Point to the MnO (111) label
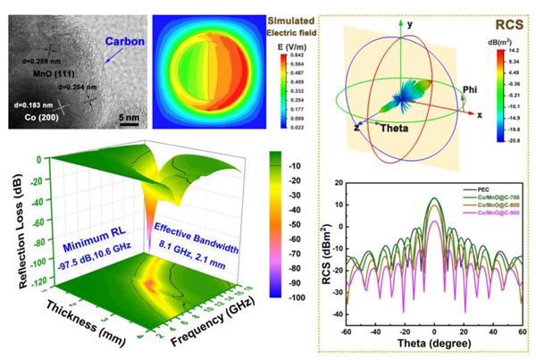[33, 80]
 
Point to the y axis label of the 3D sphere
[411, 25]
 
